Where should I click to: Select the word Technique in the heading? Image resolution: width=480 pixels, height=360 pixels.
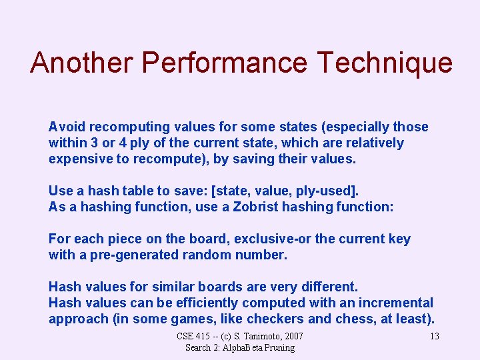pyautogui.click(x=385, y=63)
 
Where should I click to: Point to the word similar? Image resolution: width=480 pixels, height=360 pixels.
pyautogui.click(x=175, y=287)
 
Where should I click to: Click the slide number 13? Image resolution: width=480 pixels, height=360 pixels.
pyautogui.click(x=434, y=336)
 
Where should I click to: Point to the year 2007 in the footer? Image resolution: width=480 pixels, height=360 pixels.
pyautogui.click(x=292, y=336)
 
